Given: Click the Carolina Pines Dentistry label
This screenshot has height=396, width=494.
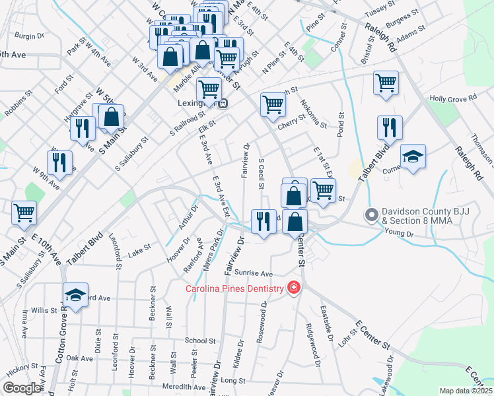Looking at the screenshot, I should pos(233,288).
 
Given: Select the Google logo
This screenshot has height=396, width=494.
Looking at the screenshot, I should pos(22,388).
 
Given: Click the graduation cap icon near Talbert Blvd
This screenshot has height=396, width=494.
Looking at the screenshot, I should pos(413,157).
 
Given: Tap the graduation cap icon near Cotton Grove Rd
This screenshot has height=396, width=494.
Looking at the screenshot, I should pos(75,295).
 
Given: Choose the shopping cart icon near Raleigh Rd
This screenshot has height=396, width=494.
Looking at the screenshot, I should pos(386,83).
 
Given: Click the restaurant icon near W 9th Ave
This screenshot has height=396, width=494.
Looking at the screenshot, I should pos(60,163).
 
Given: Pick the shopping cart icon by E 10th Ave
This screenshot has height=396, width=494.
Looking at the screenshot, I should pos(24,213).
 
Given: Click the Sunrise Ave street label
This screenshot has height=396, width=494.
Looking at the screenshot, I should pos(254,273).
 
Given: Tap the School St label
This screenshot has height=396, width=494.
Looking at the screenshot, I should pos(201,341).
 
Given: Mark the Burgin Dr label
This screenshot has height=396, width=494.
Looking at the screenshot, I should pos(28,36).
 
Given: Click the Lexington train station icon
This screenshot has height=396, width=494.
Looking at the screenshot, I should pos(224,103).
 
